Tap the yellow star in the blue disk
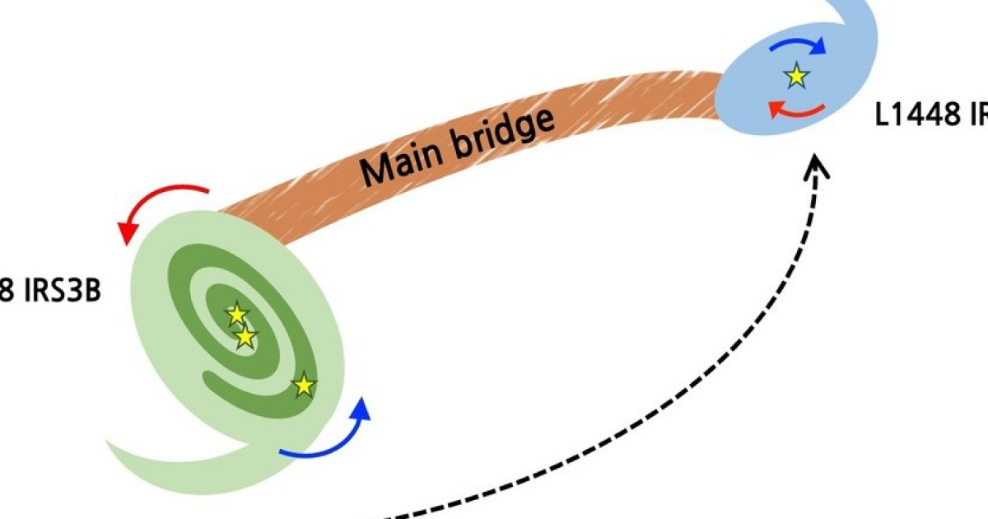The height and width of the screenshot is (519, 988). tap(796, 77)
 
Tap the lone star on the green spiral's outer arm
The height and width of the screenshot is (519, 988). tap(305, 384)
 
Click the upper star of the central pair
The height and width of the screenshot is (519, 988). tap(236, 314)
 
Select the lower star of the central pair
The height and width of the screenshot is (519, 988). tap(245, 336)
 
